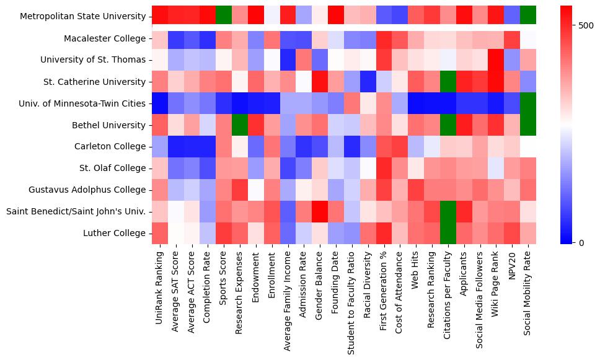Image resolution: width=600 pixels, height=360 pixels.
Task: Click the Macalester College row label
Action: coord(105,39)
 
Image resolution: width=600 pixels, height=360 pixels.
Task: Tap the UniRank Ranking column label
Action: coord(159,288)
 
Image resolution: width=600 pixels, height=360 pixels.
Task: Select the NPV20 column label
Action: coord(513,266)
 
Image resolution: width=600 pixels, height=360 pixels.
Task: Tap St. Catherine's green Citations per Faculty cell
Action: coord(448,82)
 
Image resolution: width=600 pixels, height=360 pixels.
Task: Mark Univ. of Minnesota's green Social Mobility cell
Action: coord(529,103)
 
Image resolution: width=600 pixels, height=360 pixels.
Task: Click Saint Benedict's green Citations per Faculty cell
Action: coord(448,211)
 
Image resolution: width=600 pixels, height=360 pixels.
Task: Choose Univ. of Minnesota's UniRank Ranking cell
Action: coord(159,103)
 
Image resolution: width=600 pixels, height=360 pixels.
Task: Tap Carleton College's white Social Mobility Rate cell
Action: coord(529,147)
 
